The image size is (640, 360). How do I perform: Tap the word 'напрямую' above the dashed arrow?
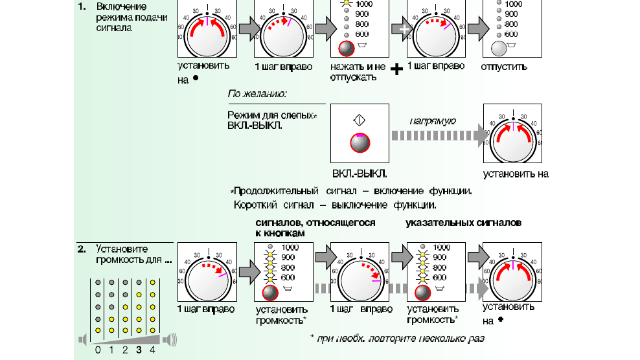click(x=434, y=121)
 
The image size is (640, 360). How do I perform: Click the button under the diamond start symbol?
click(x=359, y=142)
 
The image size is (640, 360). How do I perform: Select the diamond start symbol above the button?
click(x=359, y=120)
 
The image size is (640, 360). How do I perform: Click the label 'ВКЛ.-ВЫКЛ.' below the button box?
click(x=360, y=174)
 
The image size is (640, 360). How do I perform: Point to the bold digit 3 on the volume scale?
click(x=139, y=350)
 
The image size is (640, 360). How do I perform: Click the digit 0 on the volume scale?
click(x=97, y=350)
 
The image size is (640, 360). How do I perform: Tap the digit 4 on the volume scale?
click(x=153, y=350)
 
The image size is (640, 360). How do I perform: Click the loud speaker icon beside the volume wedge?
click(x=170, y=339)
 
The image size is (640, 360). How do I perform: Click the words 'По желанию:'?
click(x=257, y=95)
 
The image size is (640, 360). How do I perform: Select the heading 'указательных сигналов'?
click(x=463, y=223)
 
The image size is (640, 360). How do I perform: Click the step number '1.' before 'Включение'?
click(x=82, y=6)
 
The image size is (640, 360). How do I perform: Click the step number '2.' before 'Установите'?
click(x=82, y=249)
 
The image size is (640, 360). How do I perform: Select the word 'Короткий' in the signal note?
click(x=256, y=205)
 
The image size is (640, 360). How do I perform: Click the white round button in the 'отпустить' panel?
click(x=500, y=49)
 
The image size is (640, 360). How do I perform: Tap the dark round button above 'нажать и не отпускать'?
click(x=347, y=49)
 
